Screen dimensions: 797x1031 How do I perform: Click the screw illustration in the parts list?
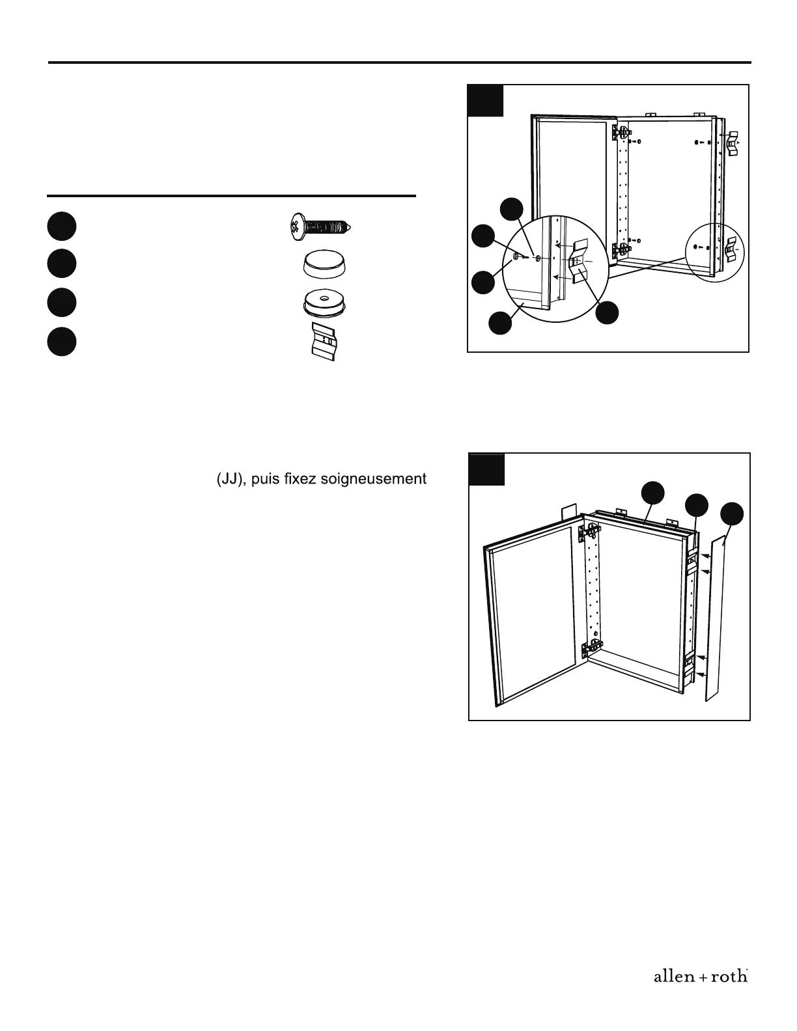[x=318, y=227]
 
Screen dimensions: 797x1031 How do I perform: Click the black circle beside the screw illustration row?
[x=61, y=226]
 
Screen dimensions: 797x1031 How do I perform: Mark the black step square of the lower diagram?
[x=486, y=469]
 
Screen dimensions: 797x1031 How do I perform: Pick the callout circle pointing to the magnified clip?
[x=608, y=313]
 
